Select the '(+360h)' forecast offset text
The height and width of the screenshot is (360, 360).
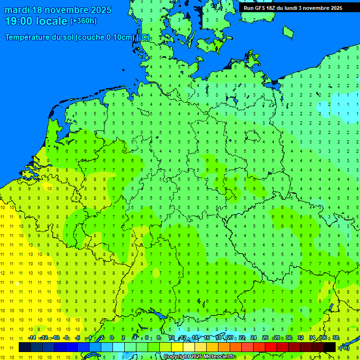point(83,21)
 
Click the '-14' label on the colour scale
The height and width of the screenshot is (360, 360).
point(32,337)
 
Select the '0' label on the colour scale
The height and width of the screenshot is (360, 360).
point(112,337)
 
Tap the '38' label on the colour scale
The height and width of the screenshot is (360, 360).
point(336,337)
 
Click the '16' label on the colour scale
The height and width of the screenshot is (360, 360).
point(206,337)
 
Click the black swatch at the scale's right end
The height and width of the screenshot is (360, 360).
point(330,347)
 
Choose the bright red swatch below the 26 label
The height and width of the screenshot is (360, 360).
point(271,347)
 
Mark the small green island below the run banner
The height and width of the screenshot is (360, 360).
point(288,31)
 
